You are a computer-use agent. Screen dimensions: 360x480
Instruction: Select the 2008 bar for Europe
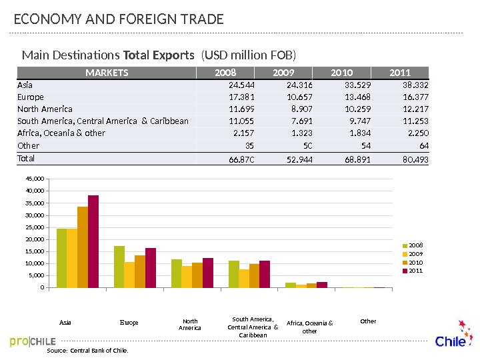coord(119,267)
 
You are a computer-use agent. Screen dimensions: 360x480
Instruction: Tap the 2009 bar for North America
coord(187,277)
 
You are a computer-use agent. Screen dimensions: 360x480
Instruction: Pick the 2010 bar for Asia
coord(83,247)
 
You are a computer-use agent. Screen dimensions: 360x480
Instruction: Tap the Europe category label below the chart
coord(129,323)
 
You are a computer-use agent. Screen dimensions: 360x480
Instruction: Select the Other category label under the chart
coord(368,321)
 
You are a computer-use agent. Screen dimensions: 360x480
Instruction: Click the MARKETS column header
coord(107,73)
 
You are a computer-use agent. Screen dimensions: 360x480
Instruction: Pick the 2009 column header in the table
coord(283,73)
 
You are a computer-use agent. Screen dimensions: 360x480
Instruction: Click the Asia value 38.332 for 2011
coord(415,85)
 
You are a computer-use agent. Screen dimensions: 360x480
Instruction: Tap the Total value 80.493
coord(415,160)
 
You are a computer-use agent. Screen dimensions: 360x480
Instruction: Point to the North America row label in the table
coord(45,109)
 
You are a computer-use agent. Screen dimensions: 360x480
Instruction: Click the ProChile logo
coord(33,341)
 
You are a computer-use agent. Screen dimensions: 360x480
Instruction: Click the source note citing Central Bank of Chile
coord(87,350)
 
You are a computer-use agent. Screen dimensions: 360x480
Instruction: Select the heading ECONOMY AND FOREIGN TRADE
coord(119,20)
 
